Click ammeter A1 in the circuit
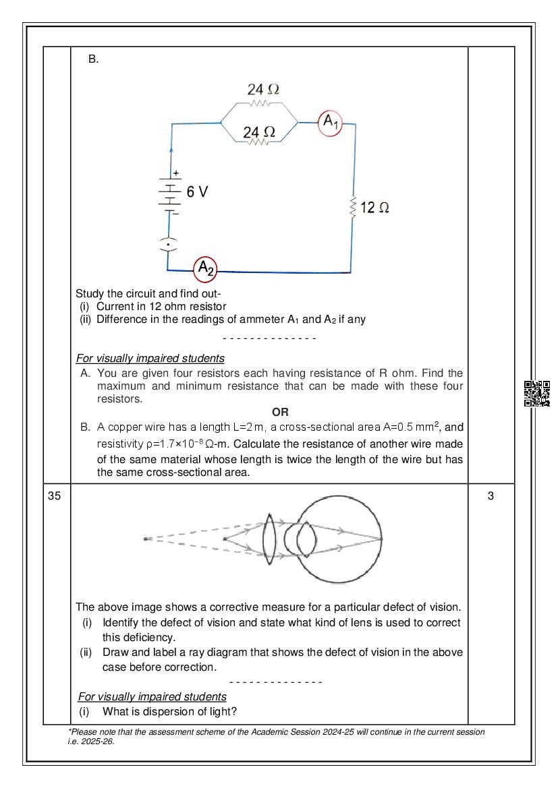click(330, 123)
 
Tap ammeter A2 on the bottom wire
click(206, 270)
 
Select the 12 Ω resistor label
click(374, 208)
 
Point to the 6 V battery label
click(197, 192)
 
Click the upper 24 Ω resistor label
click(263, 89)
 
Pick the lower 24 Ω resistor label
click(259, 132)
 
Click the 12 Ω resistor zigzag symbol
click(352, 207)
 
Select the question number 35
click(55, 496)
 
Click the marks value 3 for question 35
click(491, 496)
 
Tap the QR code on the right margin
click(537, 394)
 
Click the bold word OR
click(280, 413)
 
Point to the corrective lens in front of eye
click(270, 538)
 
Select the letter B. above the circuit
click(93, 59)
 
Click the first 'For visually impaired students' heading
click(150, 358)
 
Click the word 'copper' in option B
click(122, 427)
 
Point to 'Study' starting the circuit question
click(90, 294)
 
